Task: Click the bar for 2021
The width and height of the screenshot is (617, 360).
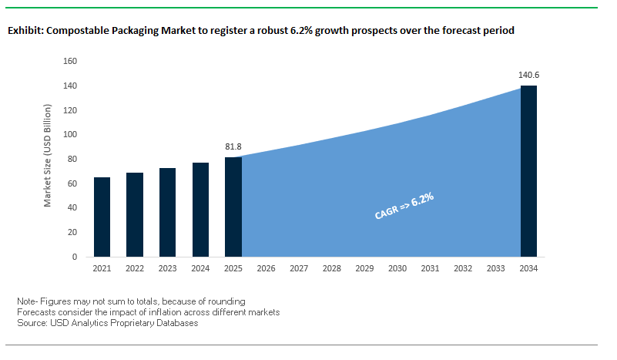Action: click(x=102, y=217)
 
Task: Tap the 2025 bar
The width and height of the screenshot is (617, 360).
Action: click(x=233, y=207)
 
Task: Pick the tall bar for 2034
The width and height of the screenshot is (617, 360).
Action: click(x=528, y=170)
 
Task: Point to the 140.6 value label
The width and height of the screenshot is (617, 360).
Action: click(x=528, y=76)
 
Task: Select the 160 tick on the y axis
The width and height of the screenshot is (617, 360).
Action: click(x=69, y=61)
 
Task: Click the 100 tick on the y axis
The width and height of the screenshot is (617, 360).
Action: click(x=69, y=134)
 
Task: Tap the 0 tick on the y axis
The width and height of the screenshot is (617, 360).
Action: click(x=75, y=256)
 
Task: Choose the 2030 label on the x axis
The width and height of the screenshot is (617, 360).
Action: click(x=397, y=269)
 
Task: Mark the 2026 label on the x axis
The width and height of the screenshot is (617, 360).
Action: click(x=266, y=269)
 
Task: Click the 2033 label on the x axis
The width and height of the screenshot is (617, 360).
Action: click(x=496, y=269)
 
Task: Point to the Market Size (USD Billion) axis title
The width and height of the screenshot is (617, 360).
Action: click(x=48, y=159)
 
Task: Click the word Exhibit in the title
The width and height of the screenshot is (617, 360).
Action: click(x=25, y=31)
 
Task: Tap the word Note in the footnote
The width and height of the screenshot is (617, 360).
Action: click(x=26, y=301)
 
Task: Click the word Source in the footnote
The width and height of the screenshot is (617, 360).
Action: click(x=31, y=323)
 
